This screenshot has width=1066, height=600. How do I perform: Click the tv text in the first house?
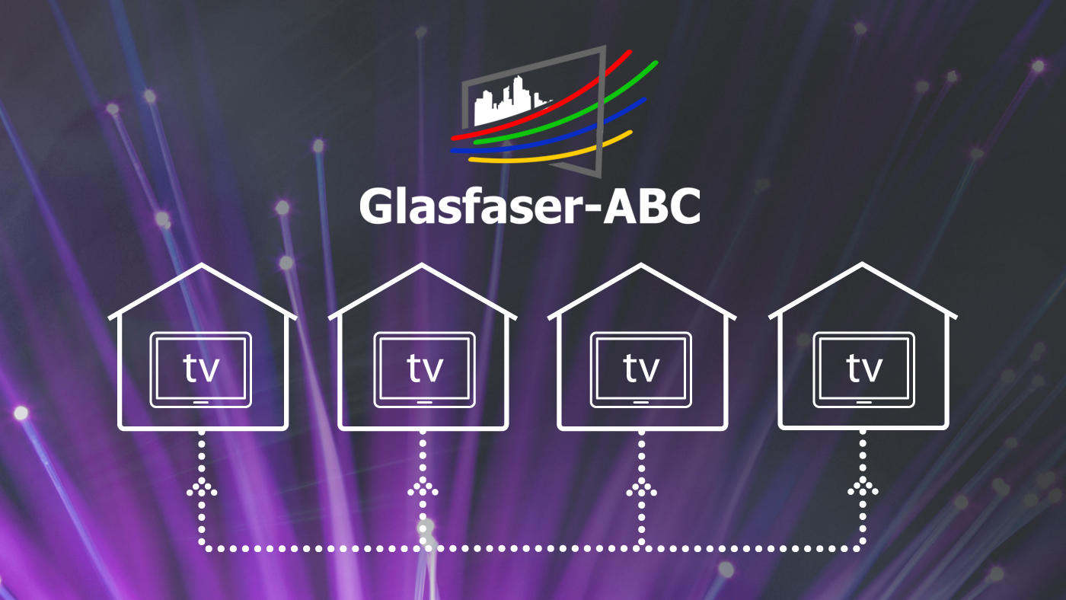coord(202,369)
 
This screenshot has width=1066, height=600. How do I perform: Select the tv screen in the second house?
coord(424,369)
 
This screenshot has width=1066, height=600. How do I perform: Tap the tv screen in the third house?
coord(641,369)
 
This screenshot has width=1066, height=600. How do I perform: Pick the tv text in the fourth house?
coord(864,369)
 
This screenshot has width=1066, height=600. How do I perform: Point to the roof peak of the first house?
coord(202,266)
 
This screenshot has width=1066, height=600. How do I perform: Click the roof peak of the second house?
coord(423,266)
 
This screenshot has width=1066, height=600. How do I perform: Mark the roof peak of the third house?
coord(641,266)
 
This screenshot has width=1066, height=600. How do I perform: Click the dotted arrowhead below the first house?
coord(202,488)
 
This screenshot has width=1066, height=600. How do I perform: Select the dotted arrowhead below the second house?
coord(423,488)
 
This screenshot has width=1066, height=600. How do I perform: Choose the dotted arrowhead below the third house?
coord(641,488)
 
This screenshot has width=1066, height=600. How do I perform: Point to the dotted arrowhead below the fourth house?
coord(863,488)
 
